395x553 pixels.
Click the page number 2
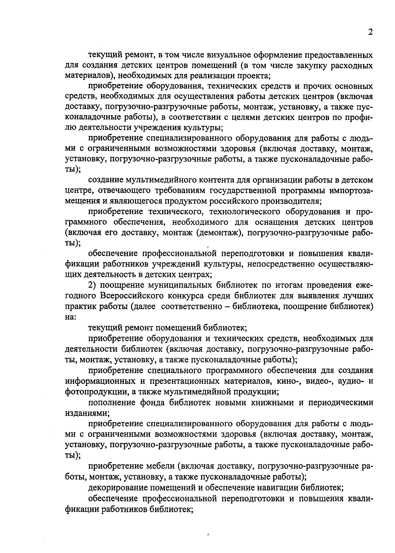click(x=370, y=32)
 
